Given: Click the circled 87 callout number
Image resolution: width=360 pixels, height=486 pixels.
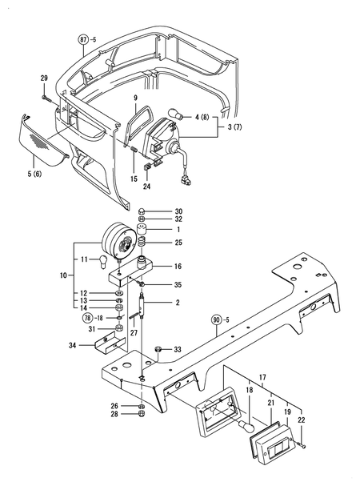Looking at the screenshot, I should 84,38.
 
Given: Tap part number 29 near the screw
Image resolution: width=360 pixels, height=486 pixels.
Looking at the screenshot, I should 44,77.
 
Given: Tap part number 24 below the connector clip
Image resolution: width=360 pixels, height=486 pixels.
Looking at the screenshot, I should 146,187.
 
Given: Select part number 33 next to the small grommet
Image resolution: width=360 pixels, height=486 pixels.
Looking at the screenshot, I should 178,349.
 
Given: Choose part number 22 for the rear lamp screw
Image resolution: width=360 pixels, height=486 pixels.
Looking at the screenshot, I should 302,420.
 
